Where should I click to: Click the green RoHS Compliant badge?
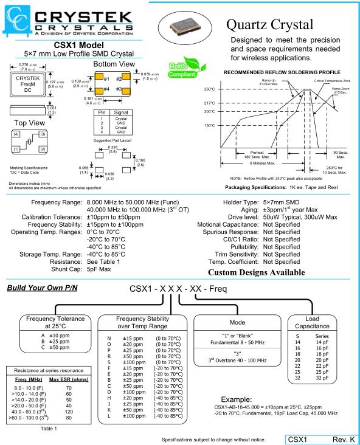click(186, 67)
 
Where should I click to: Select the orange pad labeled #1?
click(99, 77)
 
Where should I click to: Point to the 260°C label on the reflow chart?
click(209, 89)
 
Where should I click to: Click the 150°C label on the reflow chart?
click(209, 125)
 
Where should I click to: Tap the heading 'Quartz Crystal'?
click(270, 25)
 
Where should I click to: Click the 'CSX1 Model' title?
click(78, 45)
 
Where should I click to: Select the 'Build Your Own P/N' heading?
click(43, 288)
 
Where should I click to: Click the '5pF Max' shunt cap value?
click(99, 269)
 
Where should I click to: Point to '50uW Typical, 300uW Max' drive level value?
click(300, 217)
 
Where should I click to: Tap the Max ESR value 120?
click(69, 412)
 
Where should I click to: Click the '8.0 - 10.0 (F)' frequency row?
click(29, 388)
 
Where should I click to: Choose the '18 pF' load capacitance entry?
click(322, 354)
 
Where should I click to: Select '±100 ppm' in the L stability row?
click(134, 416)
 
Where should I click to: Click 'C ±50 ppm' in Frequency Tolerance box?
click(55, 347)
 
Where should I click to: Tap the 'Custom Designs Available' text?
click(257, 272)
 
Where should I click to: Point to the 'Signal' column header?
click(121, 112)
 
